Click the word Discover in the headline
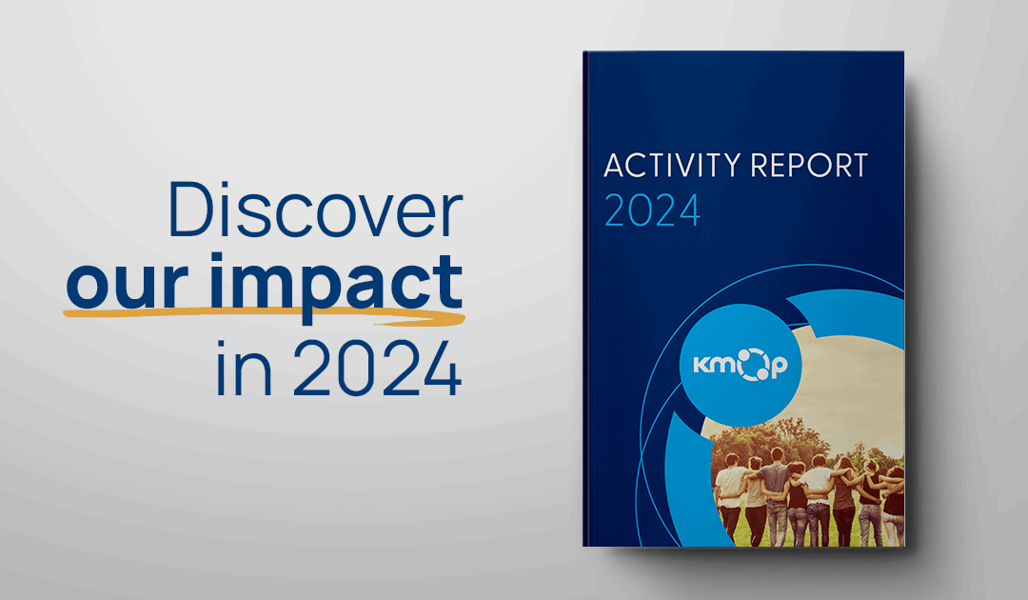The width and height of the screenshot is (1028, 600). tap(314, 211)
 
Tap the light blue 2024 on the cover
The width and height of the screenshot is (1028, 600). tap(652, 211)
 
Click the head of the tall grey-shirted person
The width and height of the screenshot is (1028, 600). tap(777, 456)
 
